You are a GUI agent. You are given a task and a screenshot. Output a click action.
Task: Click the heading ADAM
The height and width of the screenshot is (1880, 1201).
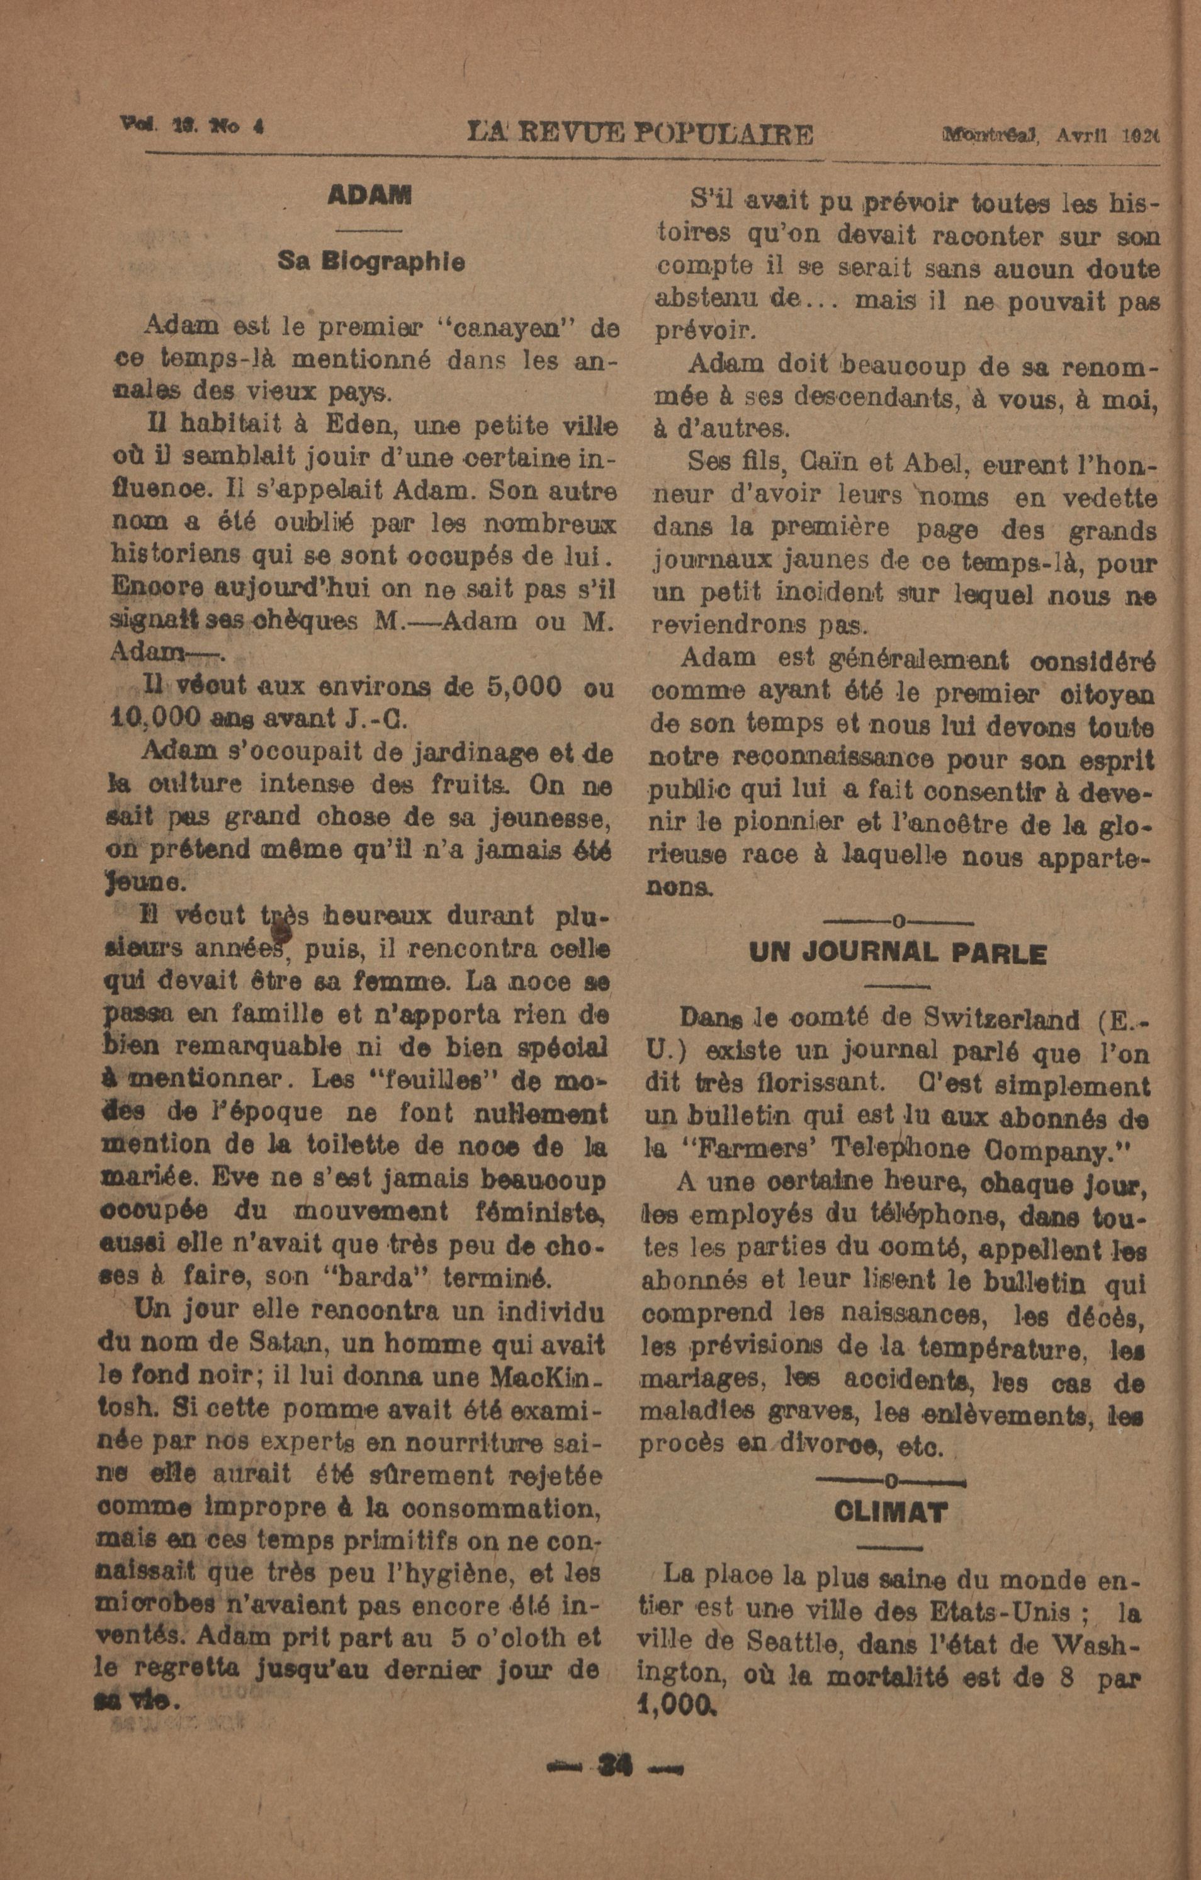coord(369,195)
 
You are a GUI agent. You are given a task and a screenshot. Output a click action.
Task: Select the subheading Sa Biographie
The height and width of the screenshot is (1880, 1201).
coord(371,262)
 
